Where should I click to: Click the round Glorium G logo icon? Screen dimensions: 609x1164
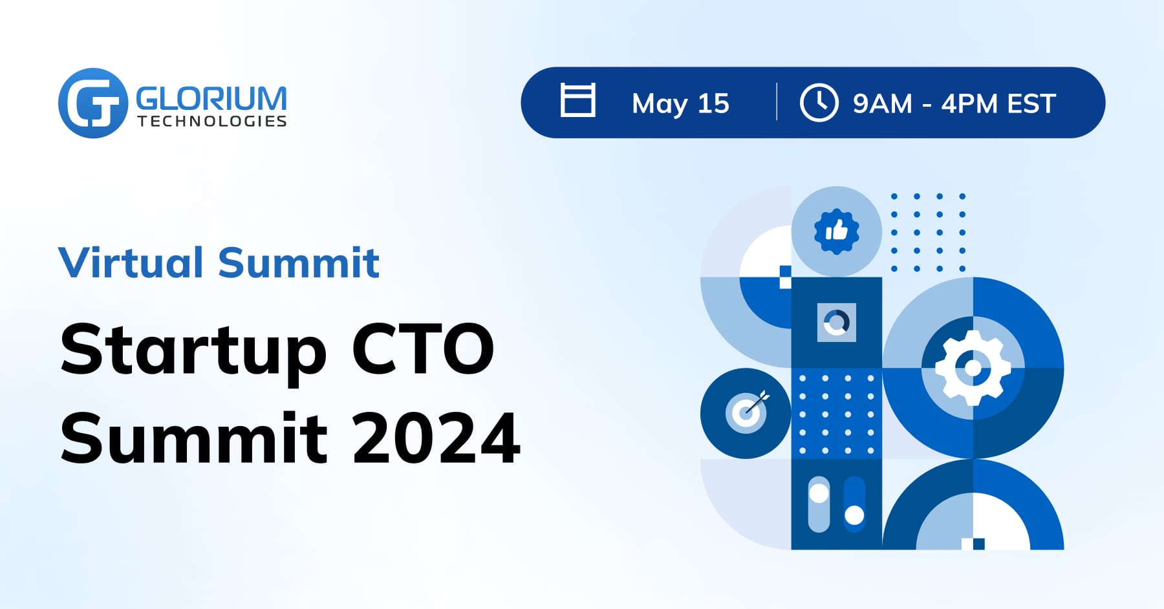92,103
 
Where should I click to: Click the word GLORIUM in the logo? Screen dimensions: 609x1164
211,99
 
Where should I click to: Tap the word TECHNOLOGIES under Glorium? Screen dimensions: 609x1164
211,122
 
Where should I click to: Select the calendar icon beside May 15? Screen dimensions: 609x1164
577,100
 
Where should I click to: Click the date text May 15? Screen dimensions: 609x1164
680,103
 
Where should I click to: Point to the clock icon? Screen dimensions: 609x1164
819,102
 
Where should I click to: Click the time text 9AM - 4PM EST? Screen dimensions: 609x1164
954,103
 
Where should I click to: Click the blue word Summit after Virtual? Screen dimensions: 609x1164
298,262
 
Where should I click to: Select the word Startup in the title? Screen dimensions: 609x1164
193,351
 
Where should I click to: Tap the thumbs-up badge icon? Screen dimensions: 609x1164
836,231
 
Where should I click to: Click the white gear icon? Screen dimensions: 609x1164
973,368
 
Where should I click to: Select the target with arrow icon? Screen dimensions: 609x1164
746,412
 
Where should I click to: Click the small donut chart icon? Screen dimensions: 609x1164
836,322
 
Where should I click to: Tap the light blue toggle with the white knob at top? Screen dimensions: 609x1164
819,504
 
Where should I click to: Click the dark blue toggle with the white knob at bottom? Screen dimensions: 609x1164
854,504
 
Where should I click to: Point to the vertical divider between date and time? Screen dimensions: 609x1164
777,101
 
